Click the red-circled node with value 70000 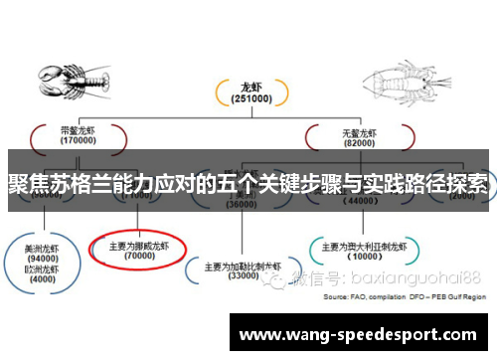(138, 250)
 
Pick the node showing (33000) (244, 271)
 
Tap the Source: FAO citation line (407, 297)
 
